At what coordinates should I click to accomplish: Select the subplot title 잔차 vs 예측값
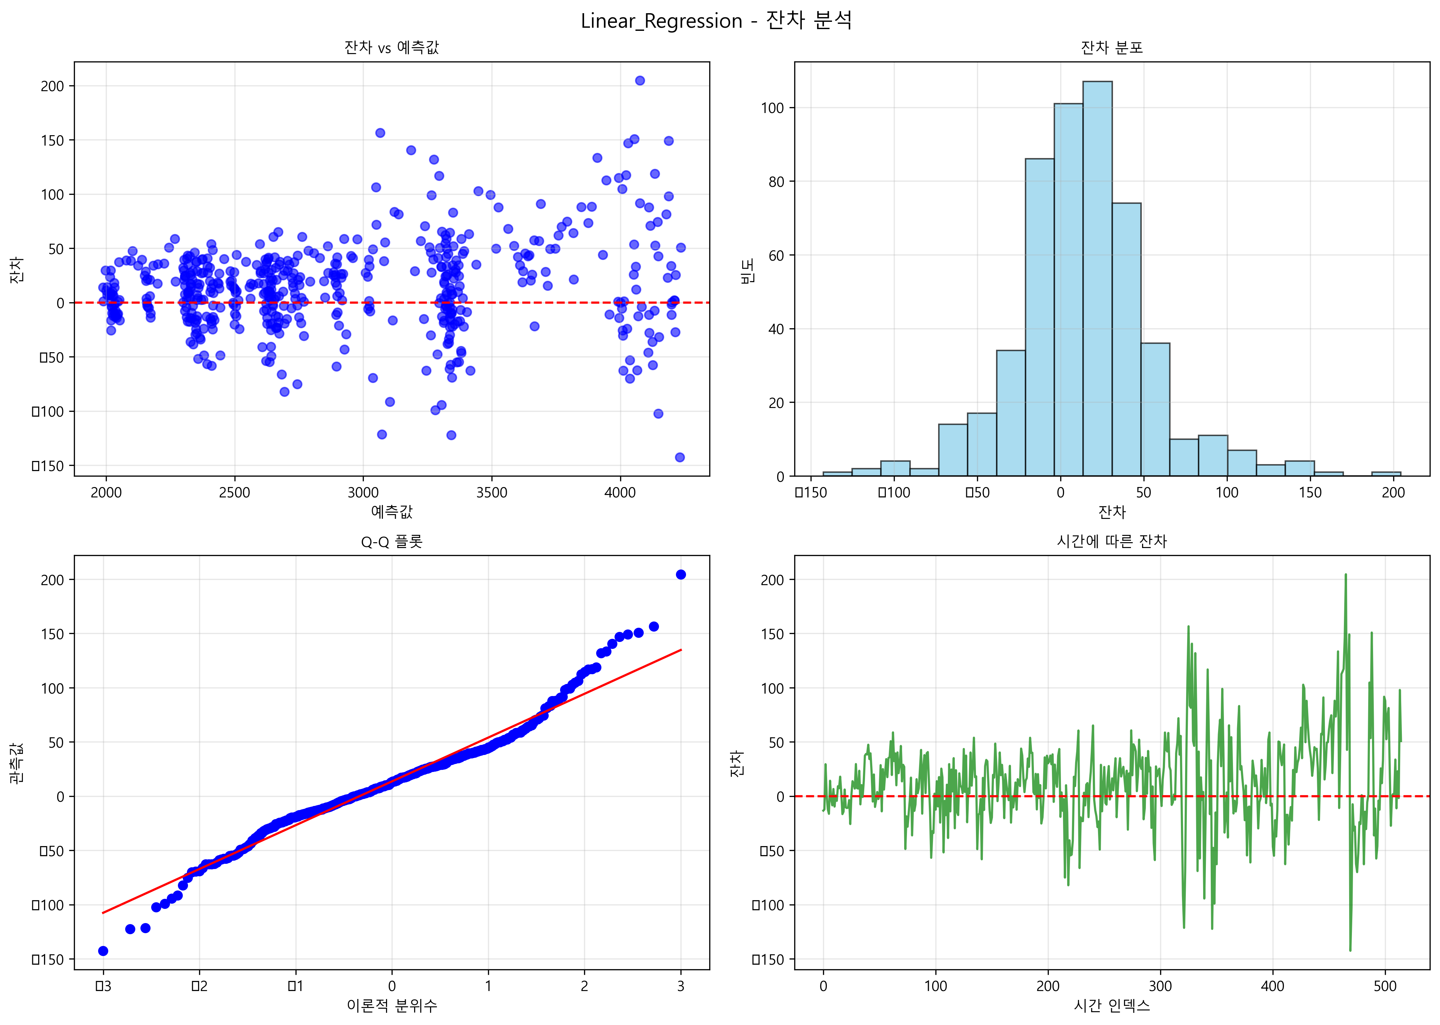click(x=392, y=47)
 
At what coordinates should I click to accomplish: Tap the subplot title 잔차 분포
click(x=1112, y=47)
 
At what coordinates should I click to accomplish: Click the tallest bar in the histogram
click(x=1097, y=278)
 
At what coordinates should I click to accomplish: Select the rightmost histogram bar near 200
click(x=1386, y=474)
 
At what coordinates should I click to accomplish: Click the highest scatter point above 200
click(x=640, y=80)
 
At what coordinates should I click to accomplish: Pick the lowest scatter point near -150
click(x=680, y=457)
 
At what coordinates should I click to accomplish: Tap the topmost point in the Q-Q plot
click(x=680, y=574)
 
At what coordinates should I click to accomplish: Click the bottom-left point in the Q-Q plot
click(x=103, y=950)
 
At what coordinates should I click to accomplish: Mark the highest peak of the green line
click(x=1345, y=575)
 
